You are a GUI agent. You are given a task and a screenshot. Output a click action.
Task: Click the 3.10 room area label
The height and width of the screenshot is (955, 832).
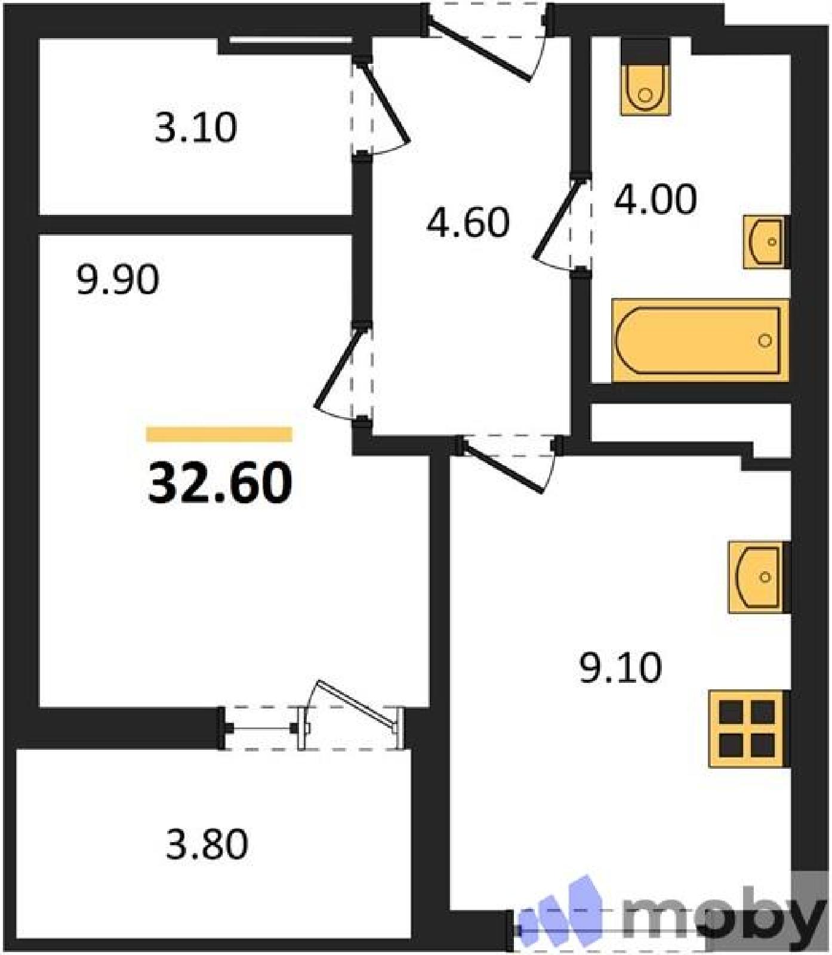tap(196, 127)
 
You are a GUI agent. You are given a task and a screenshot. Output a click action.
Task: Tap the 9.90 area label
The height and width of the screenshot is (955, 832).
tap(118, 279)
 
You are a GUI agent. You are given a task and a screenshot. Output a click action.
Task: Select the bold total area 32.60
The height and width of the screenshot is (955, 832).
tap(220, 482)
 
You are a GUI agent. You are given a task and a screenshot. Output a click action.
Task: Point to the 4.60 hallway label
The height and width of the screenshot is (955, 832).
tap(469, 222)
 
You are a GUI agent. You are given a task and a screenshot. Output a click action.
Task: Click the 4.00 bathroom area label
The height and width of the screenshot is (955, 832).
tap(655, 199)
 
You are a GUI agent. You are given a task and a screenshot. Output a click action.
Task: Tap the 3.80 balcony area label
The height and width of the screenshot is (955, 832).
tap(207, 844)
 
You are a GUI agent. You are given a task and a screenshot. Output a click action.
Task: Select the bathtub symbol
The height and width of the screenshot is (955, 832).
tap(700, 340)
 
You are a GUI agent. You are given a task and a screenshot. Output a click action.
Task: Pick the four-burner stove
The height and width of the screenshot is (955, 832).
tap(748, 728)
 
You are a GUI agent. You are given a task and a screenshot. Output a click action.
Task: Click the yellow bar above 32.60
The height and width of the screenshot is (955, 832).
tap(219, 434)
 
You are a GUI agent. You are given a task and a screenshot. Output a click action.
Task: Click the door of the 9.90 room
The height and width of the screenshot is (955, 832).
tap(339, 367)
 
